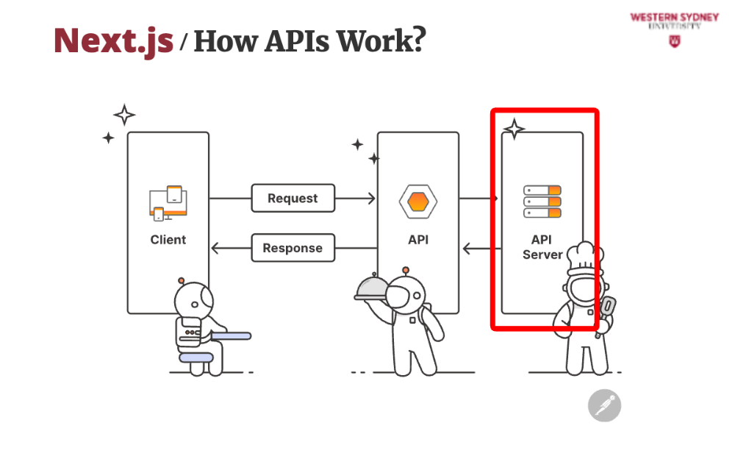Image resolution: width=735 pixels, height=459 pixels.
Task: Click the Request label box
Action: [x=293, y=199]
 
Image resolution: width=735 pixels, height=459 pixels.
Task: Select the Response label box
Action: [x=293, y=248]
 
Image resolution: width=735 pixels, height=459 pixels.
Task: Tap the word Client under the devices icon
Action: [x=168, y=240]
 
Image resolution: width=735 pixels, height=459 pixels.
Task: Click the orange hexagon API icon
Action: [x=418, y=200]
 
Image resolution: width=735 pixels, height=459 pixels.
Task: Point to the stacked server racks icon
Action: [x=542, y=202]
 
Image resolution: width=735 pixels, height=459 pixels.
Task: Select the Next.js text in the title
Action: [x=114, y=40]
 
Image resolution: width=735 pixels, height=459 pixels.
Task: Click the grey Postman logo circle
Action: [x=604, y=405]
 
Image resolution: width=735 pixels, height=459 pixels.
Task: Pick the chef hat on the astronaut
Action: [x=586, y=257]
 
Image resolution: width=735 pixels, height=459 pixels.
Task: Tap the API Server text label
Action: [x=542, y=247]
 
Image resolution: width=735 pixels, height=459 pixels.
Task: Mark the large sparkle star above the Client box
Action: [x=124, y=115]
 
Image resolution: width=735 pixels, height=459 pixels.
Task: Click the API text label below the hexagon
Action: [x=418, y=240]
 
